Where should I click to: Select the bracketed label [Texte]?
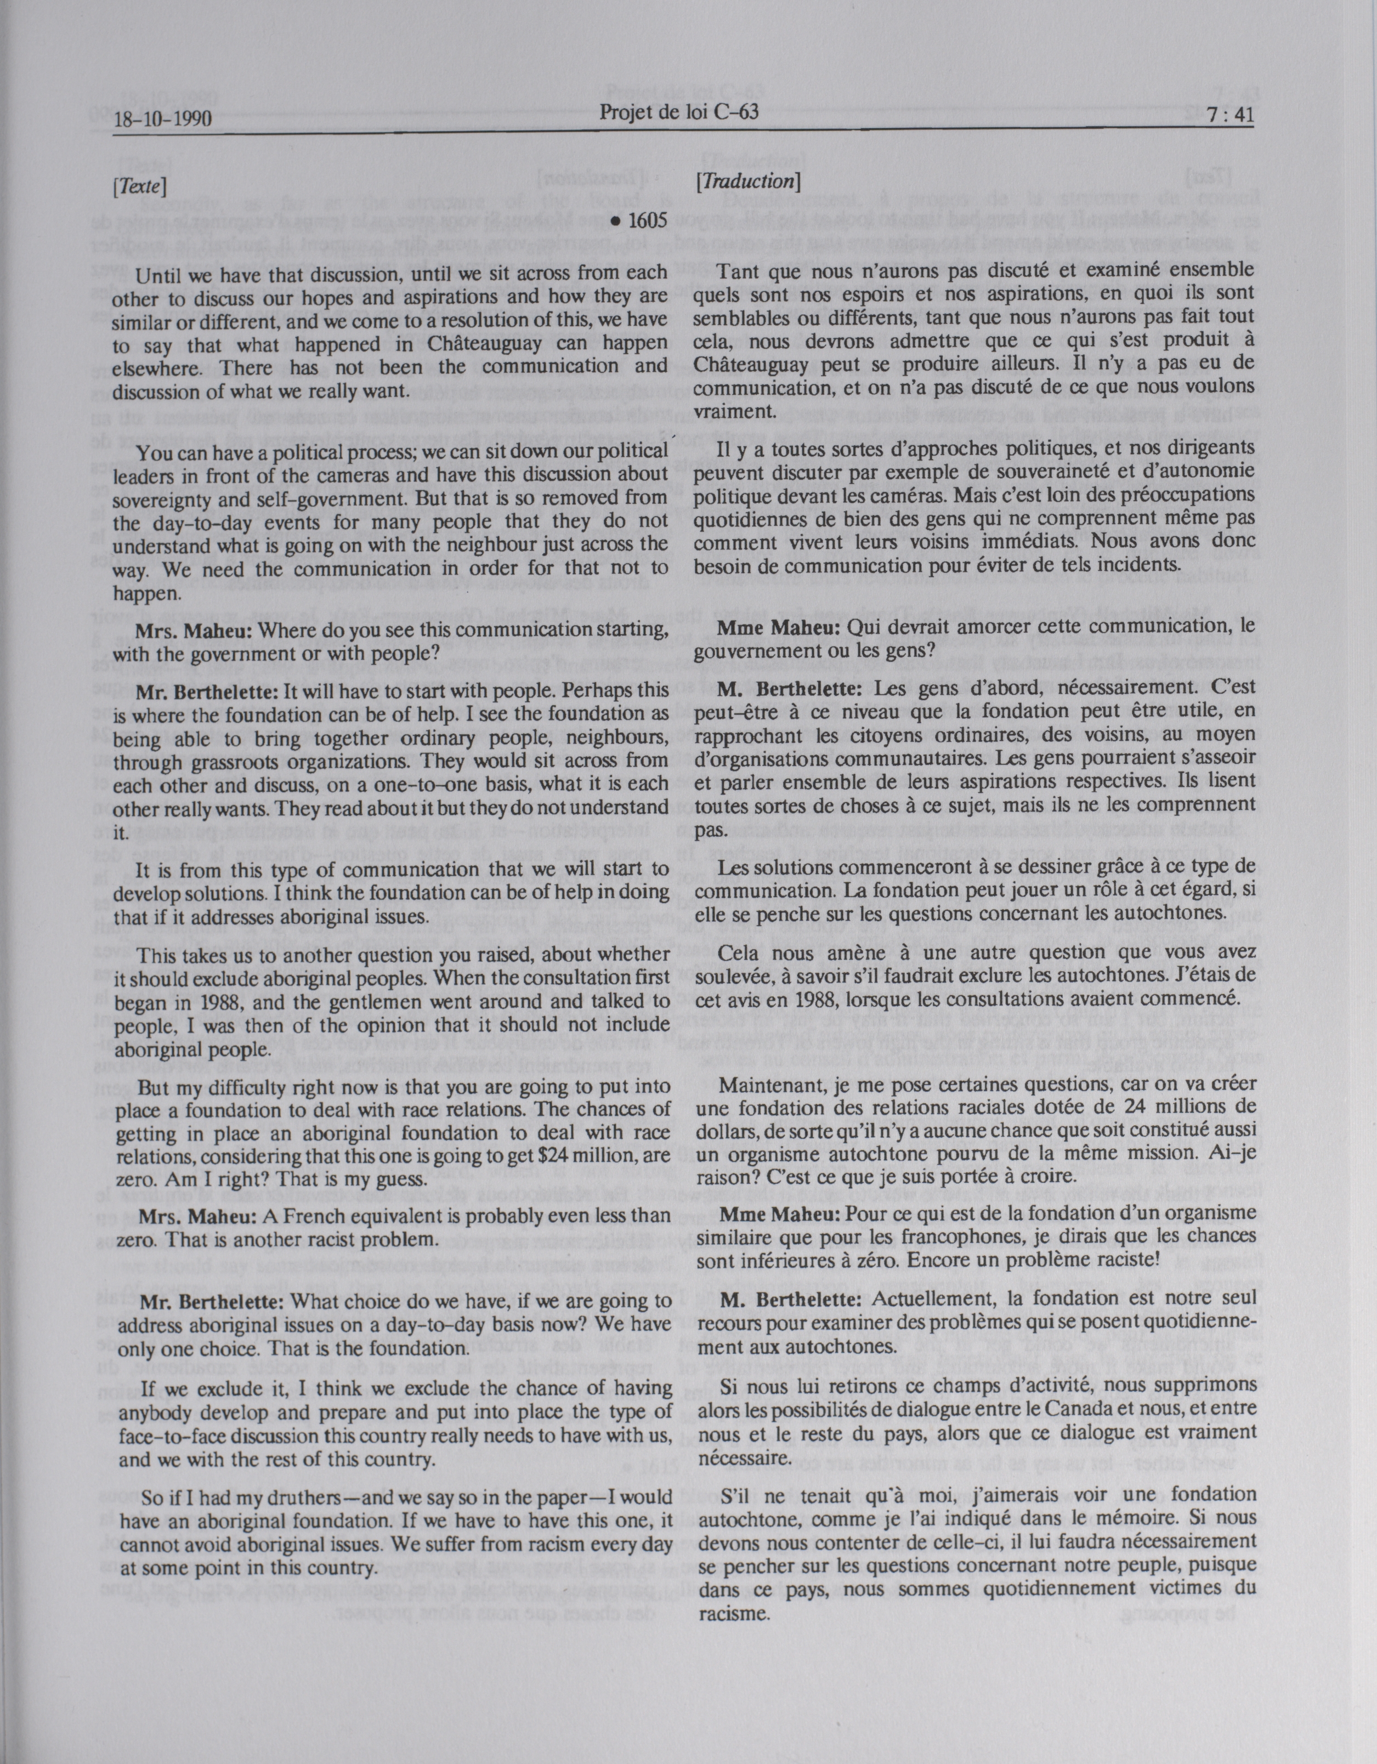click(x=140, y=186)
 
